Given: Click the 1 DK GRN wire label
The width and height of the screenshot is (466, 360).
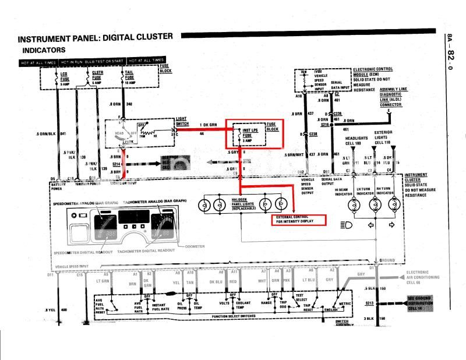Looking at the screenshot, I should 208,125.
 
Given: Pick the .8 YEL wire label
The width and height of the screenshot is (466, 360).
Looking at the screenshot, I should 52,309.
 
